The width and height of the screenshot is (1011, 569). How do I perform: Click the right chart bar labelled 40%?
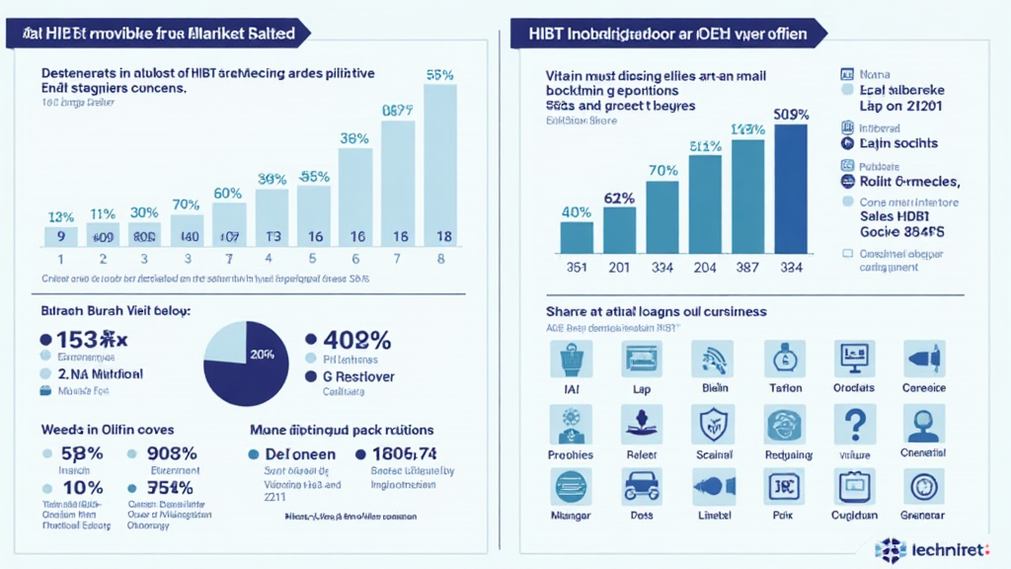click(577, 237)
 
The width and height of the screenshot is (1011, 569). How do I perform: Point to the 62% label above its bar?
click(618, 197)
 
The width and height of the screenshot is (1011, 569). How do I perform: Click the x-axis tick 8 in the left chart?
click(440, 259)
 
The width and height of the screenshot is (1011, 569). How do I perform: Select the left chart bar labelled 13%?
click(60, 235)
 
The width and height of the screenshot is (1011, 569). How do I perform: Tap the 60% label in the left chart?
click(228, 193)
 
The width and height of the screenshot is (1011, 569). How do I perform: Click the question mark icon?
click(855, 424)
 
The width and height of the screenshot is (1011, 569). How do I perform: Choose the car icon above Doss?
click(642, 487)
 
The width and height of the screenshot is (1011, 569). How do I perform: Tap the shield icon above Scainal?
click(712, 424)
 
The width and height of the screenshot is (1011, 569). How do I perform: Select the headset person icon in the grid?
click(923, 424)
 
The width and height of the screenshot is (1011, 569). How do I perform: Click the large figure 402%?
click(351, 341)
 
